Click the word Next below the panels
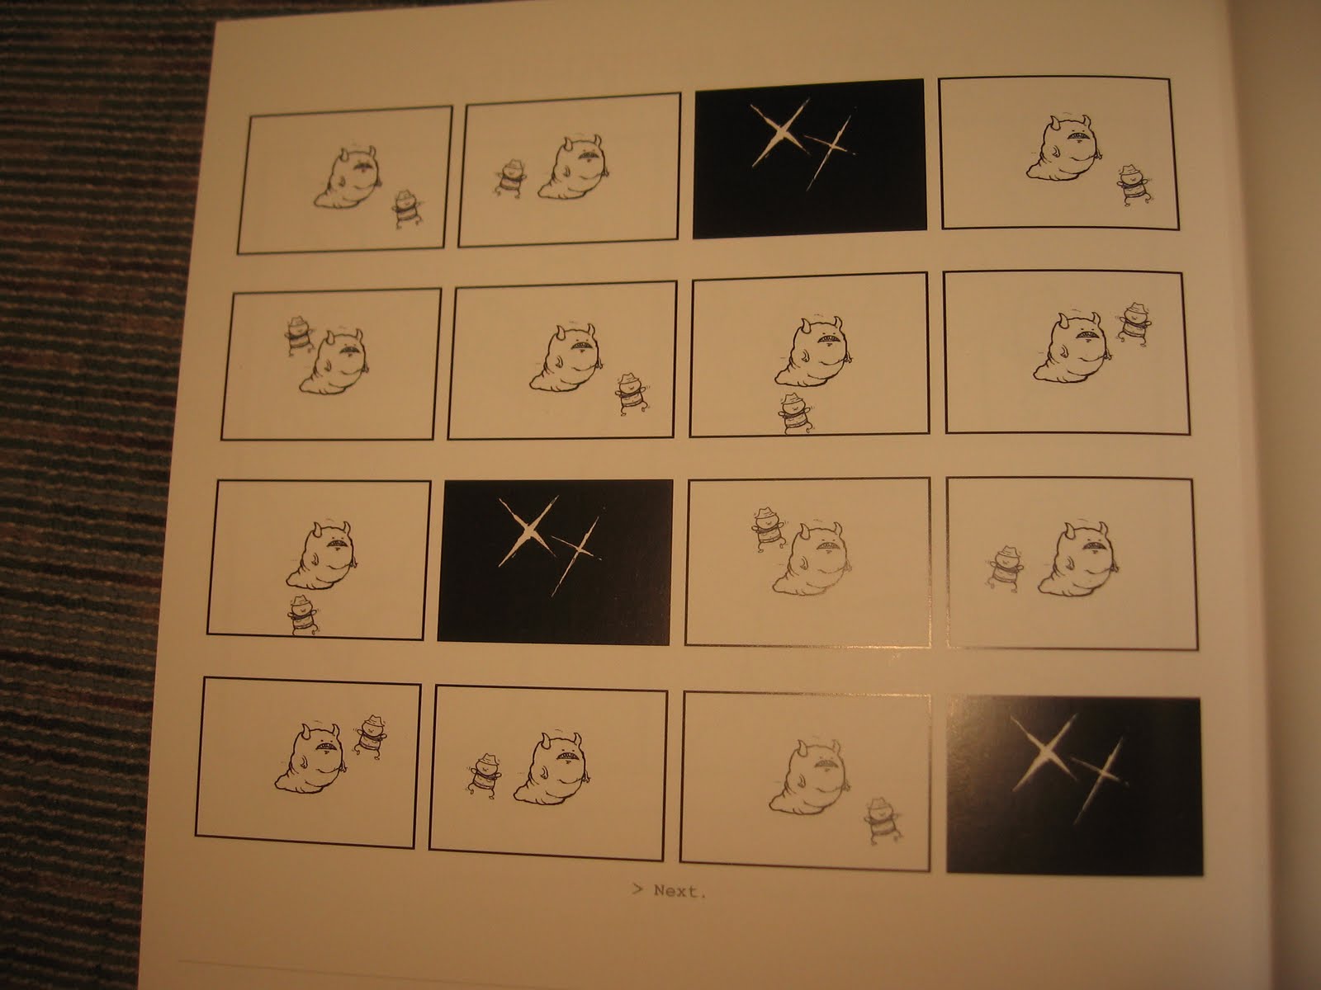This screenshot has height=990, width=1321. (679, 891)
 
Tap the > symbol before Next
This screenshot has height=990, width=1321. (637, 889)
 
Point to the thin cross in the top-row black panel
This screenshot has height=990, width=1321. (831, 152)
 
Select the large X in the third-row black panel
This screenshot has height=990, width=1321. (528, 530)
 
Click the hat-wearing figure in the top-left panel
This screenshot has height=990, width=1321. (407, 209)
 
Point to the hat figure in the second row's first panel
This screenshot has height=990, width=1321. (298, 335)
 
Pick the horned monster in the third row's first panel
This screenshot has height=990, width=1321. (322, 554)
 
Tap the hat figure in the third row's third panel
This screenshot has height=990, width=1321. (768, 528)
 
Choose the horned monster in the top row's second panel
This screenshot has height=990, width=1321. (571, 167)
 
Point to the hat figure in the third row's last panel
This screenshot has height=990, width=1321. (1006, 568)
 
